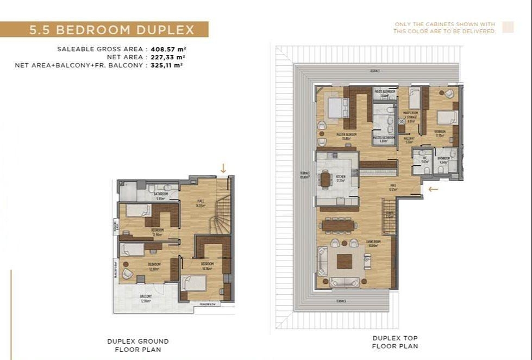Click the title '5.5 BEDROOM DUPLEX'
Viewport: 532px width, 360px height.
tap(111, 29)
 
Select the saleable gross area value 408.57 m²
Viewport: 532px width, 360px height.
tap(168, 49)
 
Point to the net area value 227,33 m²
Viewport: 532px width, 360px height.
tap(168, 57)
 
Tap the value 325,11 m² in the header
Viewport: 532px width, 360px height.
tap(167, 65)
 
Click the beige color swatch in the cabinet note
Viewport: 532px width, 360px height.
tap(508, 28)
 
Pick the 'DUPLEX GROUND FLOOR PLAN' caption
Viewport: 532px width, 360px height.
tap(138, 345)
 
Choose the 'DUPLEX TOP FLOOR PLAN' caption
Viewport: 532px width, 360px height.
tap(395, 342)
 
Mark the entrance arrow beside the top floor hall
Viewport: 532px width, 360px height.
tap(433, 189)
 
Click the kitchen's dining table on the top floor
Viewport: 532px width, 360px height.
tap(326, 179)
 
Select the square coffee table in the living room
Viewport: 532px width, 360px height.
tap(345, 262)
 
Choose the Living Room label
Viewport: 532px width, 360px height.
tap(358, 244)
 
